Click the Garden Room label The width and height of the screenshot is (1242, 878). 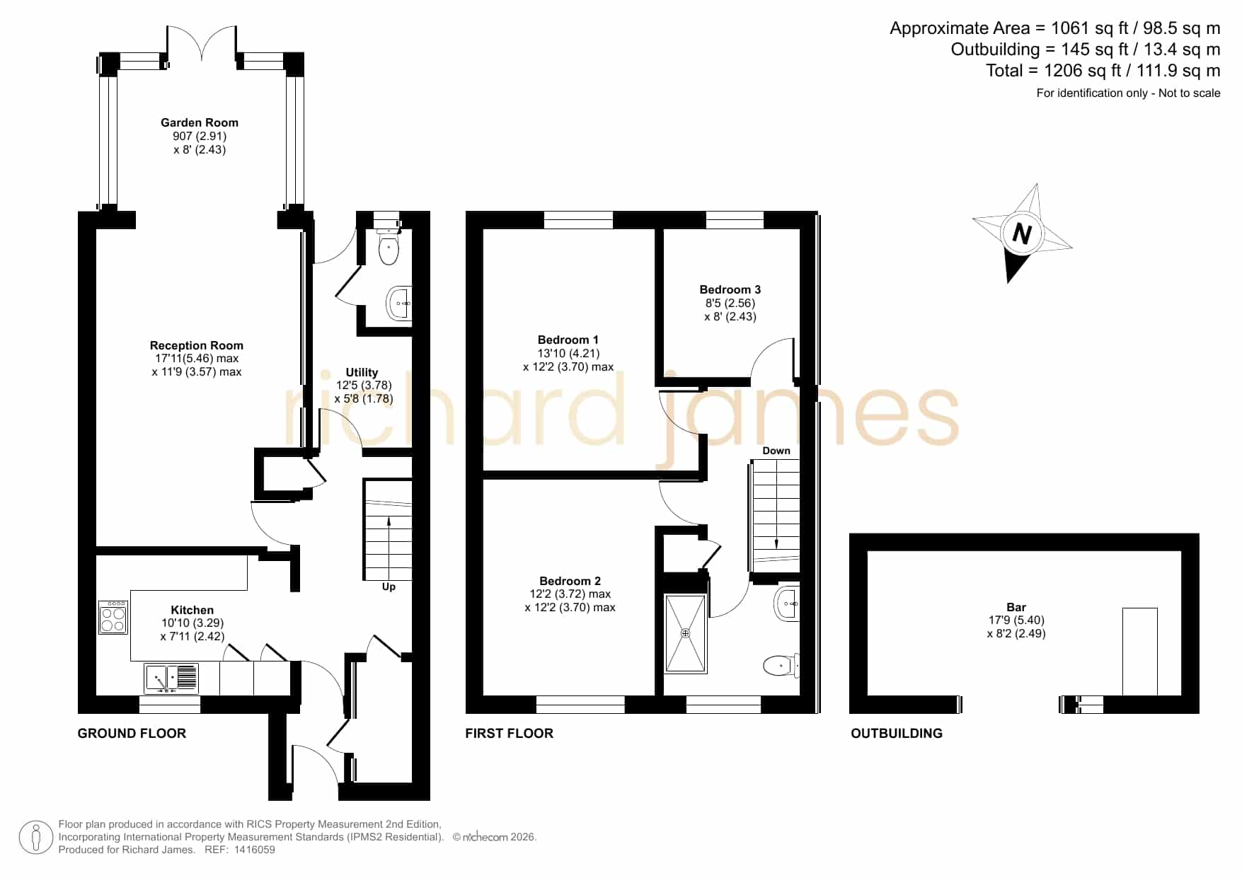click(x=200, y=122)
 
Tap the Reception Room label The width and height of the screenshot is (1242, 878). click(x=197, y=345)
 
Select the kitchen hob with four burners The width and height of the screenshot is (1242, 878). click(x=113, y=617)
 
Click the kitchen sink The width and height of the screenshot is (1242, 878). click(x=172, y=678)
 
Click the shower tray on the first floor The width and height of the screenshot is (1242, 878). click(x=685, y=633)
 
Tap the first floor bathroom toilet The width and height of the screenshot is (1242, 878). click(x=781, y=665)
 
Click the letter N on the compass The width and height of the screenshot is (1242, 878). click(x=1021, y=233)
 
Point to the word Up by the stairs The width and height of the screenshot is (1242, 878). click(x=389, y=587)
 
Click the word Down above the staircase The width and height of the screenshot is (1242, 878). click(x=776, y=451)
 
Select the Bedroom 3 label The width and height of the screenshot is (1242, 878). click(x=730, y=289)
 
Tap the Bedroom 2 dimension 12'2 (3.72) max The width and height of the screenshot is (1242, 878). click(x=570, y=594)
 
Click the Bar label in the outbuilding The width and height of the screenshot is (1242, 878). click(x=1016, y=607)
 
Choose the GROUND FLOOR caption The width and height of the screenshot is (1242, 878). click(x=132, y=734)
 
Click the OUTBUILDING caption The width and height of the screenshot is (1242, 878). click(x=897, y=734)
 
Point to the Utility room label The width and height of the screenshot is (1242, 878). click(x=362, y=372)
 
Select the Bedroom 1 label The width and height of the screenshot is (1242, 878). click(x=568, y=340)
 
